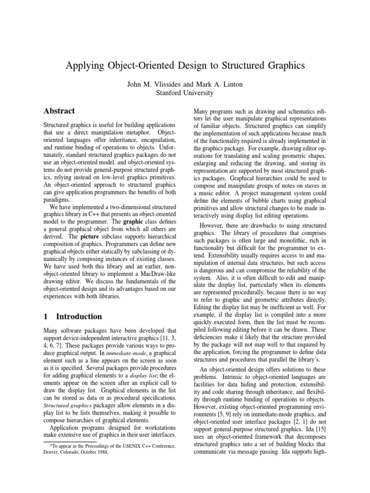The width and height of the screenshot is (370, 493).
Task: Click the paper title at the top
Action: [185, 66]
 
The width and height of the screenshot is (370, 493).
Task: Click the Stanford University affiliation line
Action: [185, 93]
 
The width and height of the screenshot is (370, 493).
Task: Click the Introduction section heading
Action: [79, 316]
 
